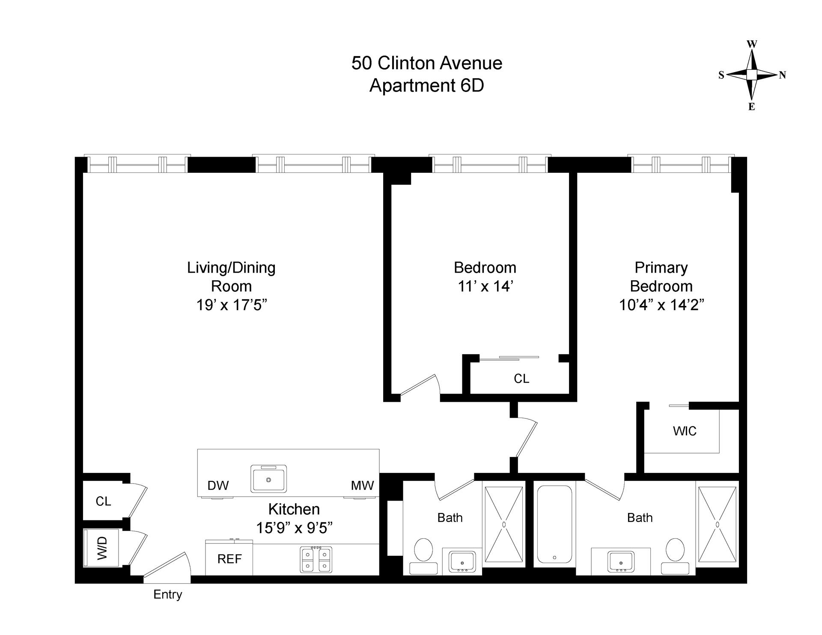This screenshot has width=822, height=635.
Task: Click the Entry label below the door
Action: (168, 594)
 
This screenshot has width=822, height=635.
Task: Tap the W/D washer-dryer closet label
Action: (102, 549)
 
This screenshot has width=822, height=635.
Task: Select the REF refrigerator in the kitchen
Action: (229, 559)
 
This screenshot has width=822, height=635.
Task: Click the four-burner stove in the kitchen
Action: (316, 559)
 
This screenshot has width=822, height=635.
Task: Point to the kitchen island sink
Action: (268, 479)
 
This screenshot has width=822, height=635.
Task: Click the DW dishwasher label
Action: (218, 486)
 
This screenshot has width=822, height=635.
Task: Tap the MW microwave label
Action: (362, 486)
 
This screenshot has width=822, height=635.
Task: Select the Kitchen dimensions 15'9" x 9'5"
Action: (294, 528)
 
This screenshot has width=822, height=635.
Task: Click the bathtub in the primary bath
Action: (554, 524)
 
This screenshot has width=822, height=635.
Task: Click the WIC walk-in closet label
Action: (685, 431)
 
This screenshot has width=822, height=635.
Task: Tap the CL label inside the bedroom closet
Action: (521, 379)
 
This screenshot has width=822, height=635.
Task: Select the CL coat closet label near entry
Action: (103, 501)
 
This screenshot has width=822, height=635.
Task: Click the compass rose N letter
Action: (782, 75)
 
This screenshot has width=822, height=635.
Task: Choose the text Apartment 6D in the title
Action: (426, 86)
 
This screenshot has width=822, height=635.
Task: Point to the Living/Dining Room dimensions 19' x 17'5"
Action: (232, 305)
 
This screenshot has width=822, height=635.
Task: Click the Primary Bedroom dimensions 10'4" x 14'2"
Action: (661, 305)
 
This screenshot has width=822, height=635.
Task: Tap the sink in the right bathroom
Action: (621, 561)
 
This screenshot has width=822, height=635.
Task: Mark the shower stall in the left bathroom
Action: (504, 524)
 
